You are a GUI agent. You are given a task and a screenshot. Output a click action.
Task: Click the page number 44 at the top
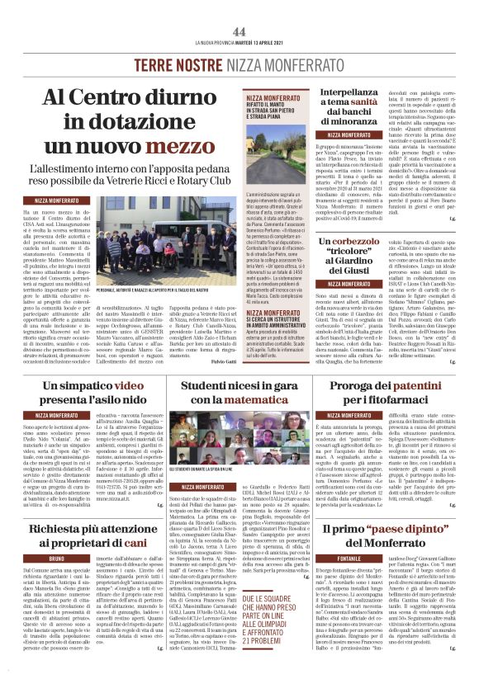pyautogui.click(x=239, y=31)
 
